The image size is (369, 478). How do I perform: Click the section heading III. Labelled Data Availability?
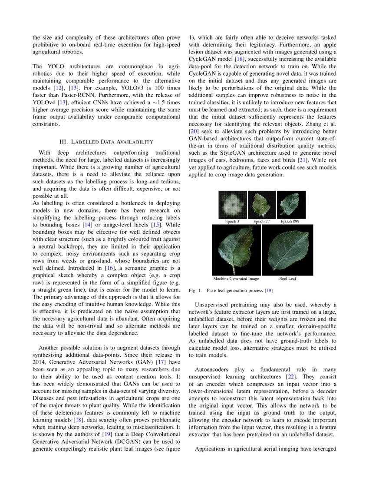(x=106, y=142)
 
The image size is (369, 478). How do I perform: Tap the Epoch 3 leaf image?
(x=232, y=205)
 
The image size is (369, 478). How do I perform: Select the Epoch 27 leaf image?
(x=262, y=205)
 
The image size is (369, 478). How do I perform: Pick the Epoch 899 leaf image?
(x=291, y=205)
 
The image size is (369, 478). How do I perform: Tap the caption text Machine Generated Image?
(x=236, y=279)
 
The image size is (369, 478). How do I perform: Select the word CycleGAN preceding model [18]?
(x=203, y=59)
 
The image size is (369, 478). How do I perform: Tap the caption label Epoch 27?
(x=262, y=221)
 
